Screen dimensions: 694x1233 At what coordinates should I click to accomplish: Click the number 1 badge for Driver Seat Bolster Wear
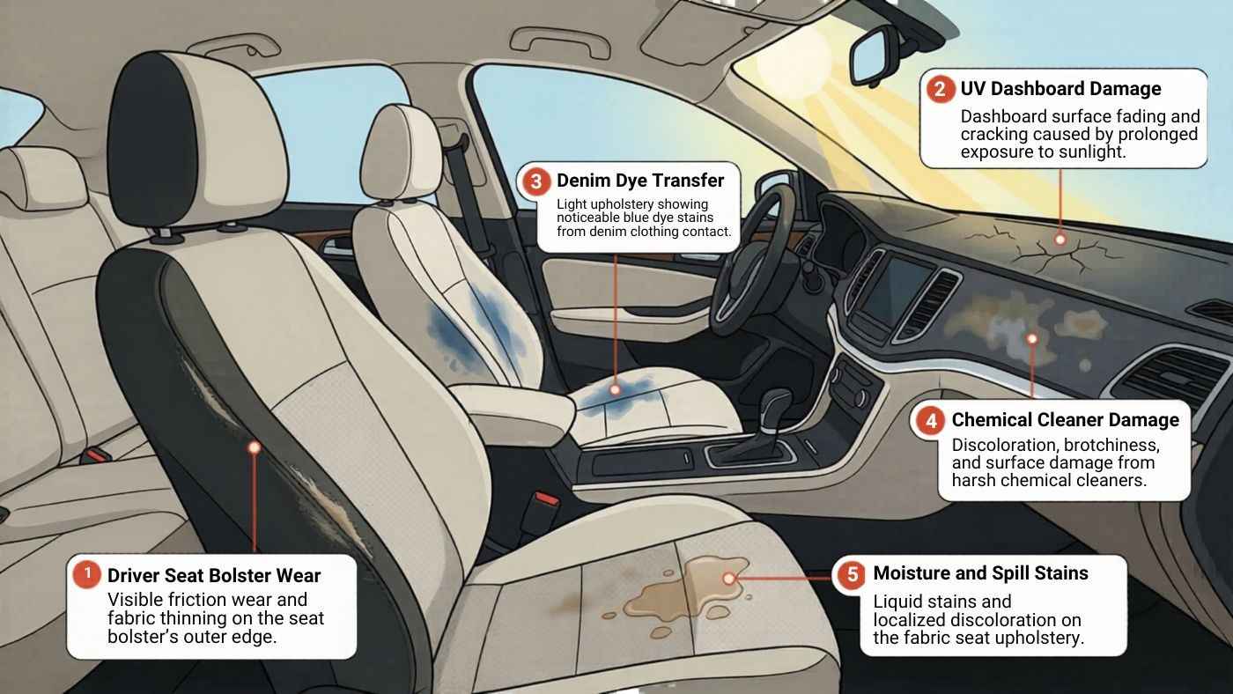point(86,575)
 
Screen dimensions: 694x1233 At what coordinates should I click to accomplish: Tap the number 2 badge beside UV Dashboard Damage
point(941,89)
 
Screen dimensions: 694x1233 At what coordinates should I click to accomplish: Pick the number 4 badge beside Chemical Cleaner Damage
point(931,420)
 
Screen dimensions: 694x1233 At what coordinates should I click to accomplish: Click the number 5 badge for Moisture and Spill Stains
point(852,574)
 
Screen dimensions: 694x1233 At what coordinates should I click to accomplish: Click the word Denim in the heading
point(583,181)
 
